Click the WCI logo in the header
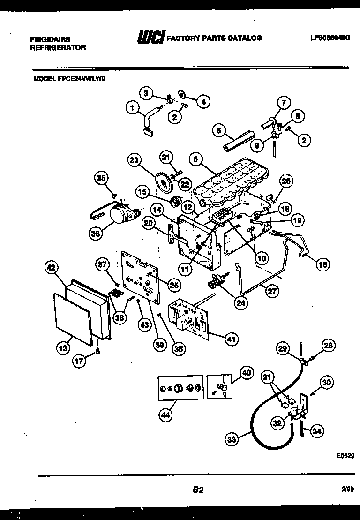click(150, 38)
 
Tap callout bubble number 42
click(51, 268)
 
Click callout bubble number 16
click(322, 264)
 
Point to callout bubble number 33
click(231, 439)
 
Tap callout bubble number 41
click(231, 339)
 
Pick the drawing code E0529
click(345, 455)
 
